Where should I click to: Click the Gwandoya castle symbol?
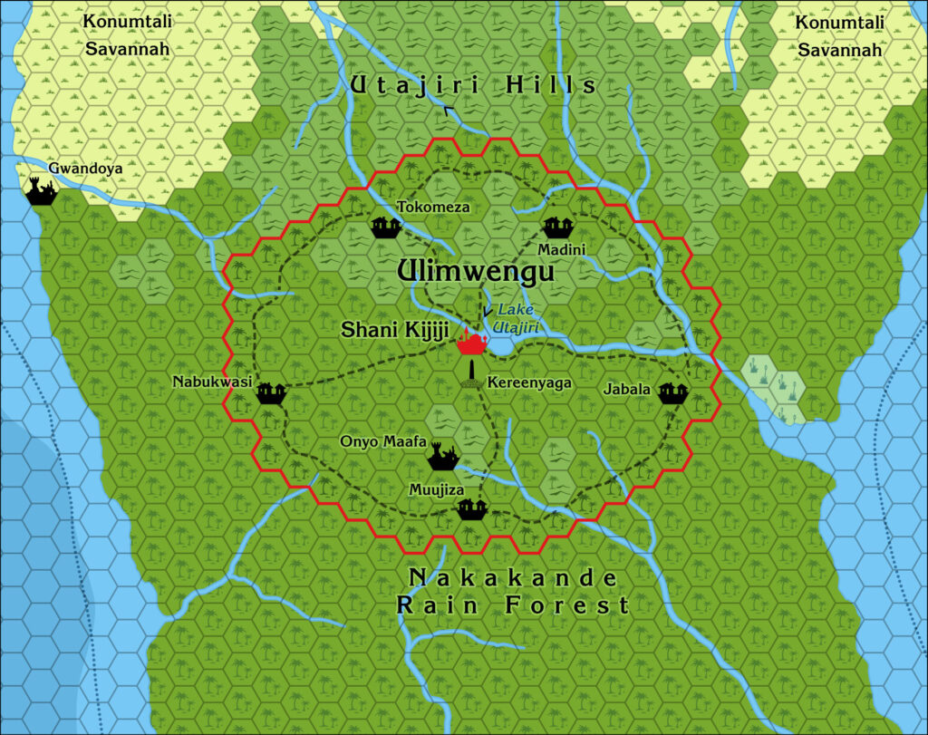[x=41, y=191]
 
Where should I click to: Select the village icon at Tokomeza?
[x=386, y=227]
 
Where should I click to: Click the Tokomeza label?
[x=433, y=208]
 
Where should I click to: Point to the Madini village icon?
[x=556, y=227]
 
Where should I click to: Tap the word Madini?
[x=562, y=249]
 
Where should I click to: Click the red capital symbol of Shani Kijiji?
[x=472, y=342]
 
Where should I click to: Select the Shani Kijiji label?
[x=394, y=331]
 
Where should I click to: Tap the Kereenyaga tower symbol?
[x=472, y=373]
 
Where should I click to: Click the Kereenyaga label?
[x=529, y=383]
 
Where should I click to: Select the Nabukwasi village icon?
[x=271, y=392]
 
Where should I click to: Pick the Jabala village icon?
[x=672, y=392]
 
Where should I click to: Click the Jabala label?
[x=627, y=390]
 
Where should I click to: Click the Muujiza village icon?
[x=472, y=508]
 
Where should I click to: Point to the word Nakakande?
[x=513, y=578]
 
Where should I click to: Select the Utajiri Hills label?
[x=474, y=86]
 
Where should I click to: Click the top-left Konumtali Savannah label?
[x=128, y=34]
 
